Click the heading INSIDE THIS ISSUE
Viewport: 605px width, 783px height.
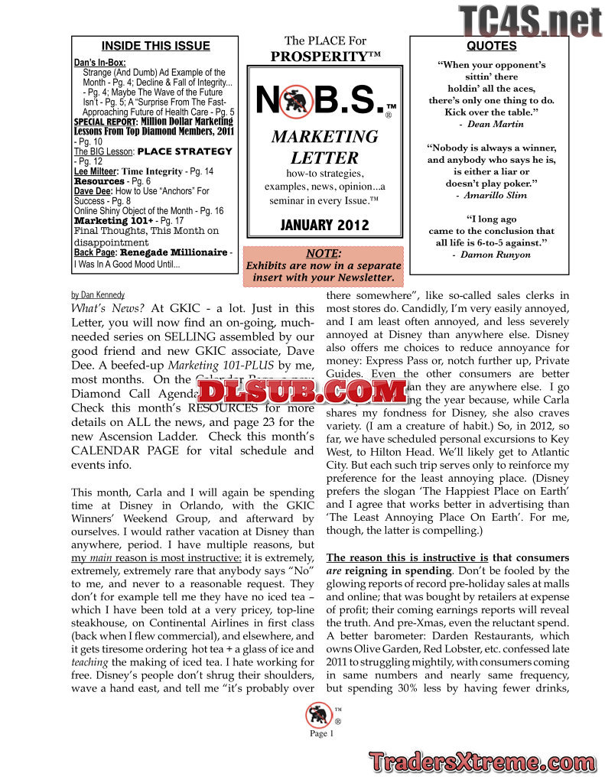[155, 46]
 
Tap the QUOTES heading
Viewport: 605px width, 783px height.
[491, 46]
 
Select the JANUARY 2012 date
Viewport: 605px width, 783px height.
[325, 225]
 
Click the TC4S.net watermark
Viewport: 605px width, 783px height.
[530, 21]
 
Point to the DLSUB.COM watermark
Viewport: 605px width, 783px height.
[302, 391]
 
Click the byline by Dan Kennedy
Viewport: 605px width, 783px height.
[98, 294]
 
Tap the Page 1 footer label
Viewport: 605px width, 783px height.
[322, 734]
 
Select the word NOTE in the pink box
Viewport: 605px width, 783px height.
[323, 254]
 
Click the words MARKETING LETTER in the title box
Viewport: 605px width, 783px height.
[324, 148]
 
